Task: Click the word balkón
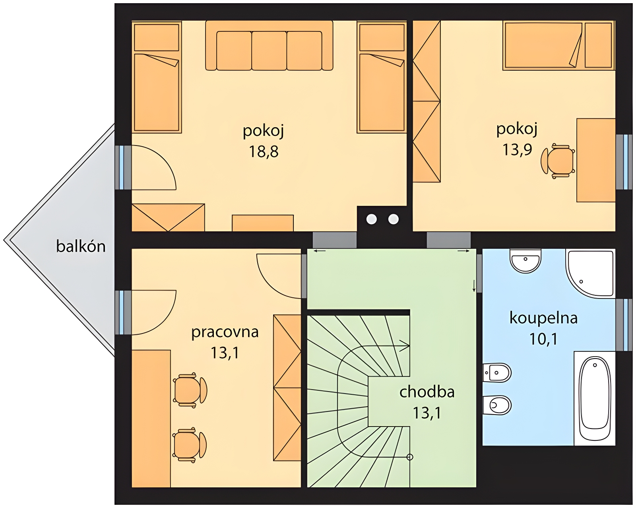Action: (81, 246)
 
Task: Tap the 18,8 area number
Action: (264, 151)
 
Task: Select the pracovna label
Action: (225, 332)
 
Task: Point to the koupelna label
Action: (543, 318)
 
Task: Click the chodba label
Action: (427, 392)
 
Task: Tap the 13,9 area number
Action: (517, 149)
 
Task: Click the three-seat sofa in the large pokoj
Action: (269, 45)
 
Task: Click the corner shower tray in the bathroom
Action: (590, 273)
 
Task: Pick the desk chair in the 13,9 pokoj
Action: (558, 161)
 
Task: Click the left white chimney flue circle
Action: (372, 219)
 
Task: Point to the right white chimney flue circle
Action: (394, 219)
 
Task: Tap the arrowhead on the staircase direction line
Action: (405, 345)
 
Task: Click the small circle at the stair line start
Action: (409, 457)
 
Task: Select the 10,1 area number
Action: (543, 339)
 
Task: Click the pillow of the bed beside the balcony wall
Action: (157, 37)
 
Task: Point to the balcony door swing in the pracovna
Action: (154, 312)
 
